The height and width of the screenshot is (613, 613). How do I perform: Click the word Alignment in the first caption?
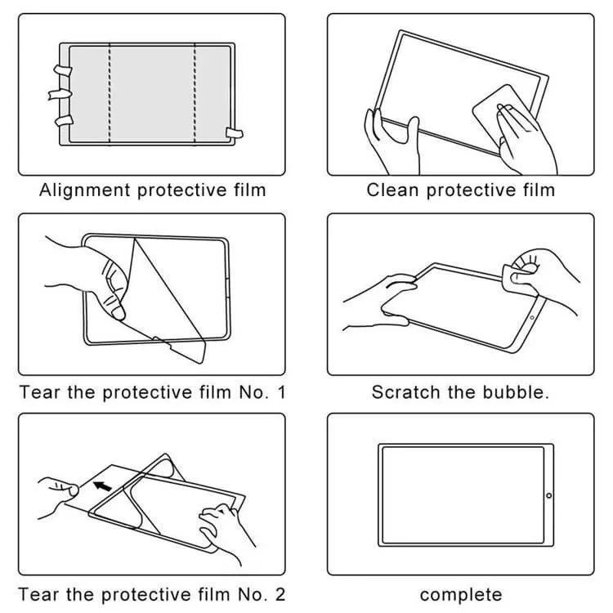click(84, 190)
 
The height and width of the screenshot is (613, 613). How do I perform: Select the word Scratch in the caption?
click(405, 392)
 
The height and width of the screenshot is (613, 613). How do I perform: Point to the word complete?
click(461, 595)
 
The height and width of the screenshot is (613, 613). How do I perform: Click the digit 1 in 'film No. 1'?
click(281, 392)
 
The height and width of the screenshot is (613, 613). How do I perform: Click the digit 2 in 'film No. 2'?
click(280, 595)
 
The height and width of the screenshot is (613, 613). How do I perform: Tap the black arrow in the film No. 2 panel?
click(102, 486)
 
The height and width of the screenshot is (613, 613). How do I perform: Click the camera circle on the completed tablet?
click(548, 495)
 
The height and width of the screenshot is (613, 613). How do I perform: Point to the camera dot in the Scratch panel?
click(532, 317)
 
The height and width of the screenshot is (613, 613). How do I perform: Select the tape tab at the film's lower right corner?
click(235, 133)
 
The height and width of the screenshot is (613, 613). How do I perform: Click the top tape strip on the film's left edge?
click(63, 70)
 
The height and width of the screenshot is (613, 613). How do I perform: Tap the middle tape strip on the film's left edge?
click(60, 94)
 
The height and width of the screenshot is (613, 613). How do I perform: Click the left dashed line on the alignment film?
click(110, 94)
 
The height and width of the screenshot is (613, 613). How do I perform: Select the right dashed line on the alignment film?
click(195, 94)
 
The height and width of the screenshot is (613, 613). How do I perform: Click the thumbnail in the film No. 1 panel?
click(119, 313)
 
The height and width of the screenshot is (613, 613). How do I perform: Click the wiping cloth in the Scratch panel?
click(518, 280)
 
